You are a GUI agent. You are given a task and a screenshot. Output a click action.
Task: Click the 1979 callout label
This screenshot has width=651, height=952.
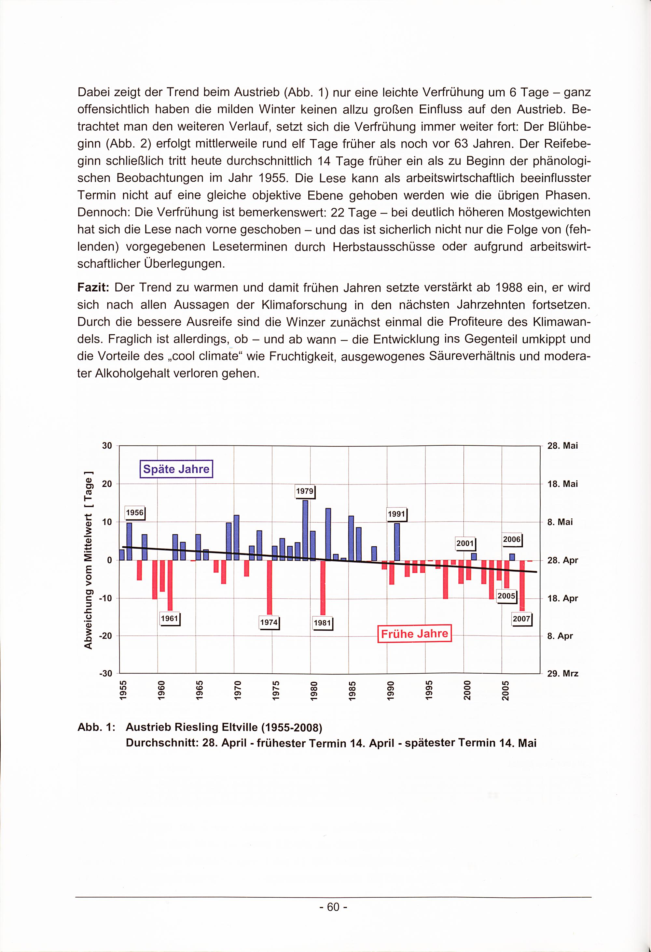305,491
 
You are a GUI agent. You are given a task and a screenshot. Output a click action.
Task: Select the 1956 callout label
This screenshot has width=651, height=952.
135,512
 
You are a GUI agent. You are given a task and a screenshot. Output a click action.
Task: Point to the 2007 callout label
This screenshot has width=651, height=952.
522,619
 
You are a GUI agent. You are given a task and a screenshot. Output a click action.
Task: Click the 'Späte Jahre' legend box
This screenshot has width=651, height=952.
176,469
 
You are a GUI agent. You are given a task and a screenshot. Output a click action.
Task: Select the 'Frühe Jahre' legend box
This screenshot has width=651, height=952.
414,634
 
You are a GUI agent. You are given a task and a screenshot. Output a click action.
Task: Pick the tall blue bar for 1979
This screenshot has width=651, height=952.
305,530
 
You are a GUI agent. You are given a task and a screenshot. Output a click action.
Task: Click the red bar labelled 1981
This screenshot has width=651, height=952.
323,587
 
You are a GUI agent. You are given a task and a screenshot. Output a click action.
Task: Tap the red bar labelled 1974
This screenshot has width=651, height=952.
270,587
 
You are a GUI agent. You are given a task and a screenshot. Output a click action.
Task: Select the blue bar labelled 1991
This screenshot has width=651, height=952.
397,541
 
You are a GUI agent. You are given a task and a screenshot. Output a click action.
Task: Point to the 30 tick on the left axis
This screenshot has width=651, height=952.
107,446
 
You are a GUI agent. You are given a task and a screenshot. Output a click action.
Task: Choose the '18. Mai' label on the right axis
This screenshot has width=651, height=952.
562,484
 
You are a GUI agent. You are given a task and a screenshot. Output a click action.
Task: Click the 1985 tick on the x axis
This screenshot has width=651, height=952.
352,691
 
